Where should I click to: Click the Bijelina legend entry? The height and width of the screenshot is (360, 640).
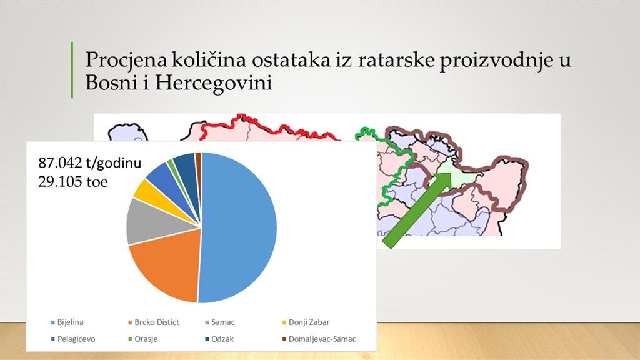67,322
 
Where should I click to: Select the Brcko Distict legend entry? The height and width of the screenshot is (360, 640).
154,322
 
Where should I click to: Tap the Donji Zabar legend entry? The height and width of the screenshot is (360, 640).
306,322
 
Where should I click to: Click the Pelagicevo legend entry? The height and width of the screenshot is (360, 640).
73,339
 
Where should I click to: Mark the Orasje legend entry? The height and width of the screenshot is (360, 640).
142,339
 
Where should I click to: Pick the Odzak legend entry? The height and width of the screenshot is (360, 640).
219,339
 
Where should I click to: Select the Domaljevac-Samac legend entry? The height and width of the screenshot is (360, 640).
319,339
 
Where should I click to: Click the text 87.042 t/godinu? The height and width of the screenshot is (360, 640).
90,163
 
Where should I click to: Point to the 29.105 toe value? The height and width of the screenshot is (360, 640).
73,182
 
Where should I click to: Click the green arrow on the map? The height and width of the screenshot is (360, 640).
417,210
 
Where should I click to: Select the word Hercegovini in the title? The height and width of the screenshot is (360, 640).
214,84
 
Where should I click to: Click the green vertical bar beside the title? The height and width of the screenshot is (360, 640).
72,70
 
